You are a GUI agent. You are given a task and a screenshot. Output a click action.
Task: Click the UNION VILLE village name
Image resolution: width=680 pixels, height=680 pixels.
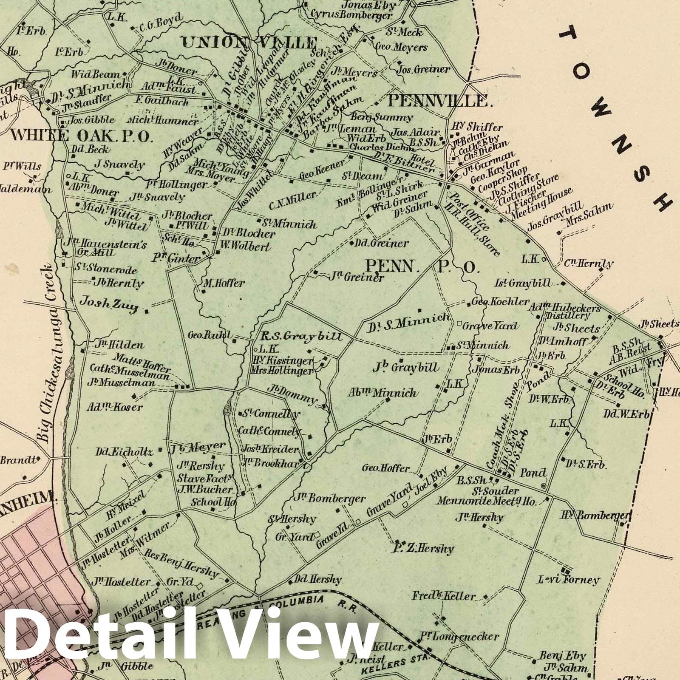click(249, 43)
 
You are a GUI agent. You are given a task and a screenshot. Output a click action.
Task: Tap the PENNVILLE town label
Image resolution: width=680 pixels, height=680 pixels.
click(437, 101)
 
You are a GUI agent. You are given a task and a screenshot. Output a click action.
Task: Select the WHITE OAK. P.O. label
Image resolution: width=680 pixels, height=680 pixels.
click(81, 135)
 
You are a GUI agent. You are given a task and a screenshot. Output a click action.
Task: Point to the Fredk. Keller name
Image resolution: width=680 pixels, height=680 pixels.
click(443, 596)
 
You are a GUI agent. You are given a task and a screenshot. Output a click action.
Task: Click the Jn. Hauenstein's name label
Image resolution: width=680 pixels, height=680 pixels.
click(105, 244)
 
